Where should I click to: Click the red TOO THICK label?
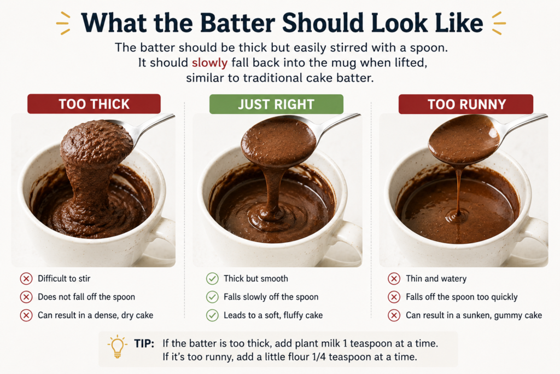point(94,103)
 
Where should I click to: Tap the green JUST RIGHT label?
point(276,104)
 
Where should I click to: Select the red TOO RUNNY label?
point(466,104)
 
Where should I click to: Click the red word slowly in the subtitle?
point(209,62)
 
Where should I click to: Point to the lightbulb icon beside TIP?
point(117,346)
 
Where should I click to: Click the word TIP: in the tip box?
point(144,343)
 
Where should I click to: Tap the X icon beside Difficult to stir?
point(26,279)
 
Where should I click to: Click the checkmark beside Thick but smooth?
point(212,279)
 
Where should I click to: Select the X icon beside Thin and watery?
point(394,279)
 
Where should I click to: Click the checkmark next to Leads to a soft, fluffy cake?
point(212,315)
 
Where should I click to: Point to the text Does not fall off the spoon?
point(86,297)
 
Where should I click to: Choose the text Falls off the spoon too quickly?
point(462,297)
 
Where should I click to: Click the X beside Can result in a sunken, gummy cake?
point(394,315)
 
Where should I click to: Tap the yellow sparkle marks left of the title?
point(63,23)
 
